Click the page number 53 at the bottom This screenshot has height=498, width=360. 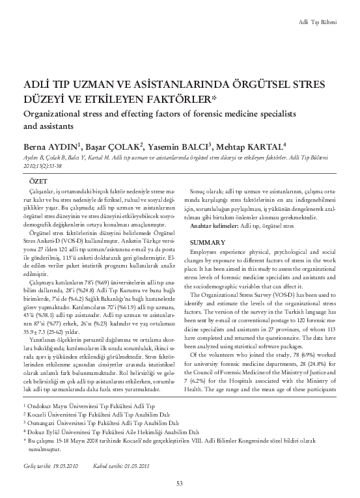(x=180, y=481)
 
